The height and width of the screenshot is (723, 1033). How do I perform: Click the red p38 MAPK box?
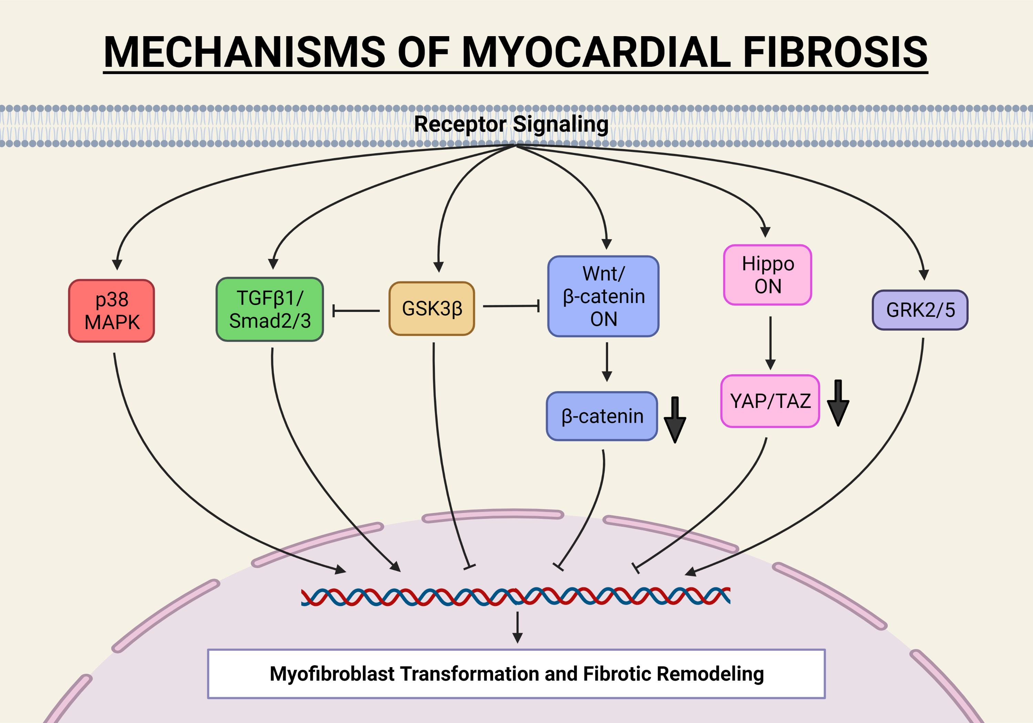tap(112, 311)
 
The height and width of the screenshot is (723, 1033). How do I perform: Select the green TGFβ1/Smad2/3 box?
tap(270, 309)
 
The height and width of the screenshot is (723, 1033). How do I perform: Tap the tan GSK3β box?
tap(431, 308)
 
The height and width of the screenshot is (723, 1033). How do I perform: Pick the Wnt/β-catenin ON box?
tap(603, 296)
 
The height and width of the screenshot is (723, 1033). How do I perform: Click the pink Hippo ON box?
tap(767, 275)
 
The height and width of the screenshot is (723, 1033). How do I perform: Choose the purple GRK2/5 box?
tap(920, 310)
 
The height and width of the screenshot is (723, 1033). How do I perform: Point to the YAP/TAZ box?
tap(770, 401)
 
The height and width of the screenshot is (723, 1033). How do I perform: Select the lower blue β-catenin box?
tap(602, 416)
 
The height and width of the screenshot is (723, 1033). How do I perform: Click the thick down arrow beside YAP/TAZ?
tap(838, 403)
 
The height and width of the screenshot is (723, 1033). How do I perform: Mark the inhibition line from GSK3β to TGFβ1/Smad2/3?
tap(355, 311)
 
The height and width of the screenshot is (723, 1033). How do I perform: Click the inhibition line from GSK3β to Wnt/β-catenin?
tap(511, 306)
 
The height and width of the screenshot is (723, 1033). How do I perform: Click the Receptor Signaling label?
tap(511, 124)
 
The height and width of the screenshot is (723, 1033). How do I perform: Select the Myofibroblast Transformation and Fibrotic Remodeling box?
tap(516, 673)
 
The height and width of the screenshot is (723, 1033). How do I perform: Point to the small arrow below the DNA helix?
tap(518, 627)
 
